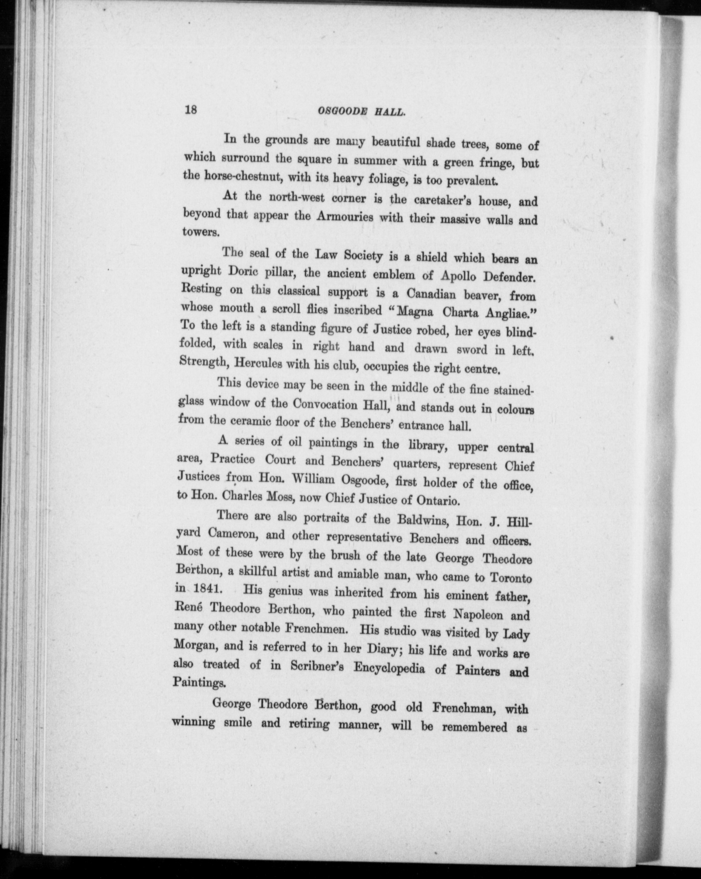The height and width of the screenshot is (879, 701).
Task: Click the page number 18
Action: pyautogui.click(x=191, y=110)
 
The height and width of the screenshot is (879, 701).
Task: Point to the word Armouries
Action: pyautogui.click(x=345, y=217)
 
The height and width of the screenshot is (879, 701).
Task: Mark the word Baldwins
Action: pyautogui.click(x=416, y=520)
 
